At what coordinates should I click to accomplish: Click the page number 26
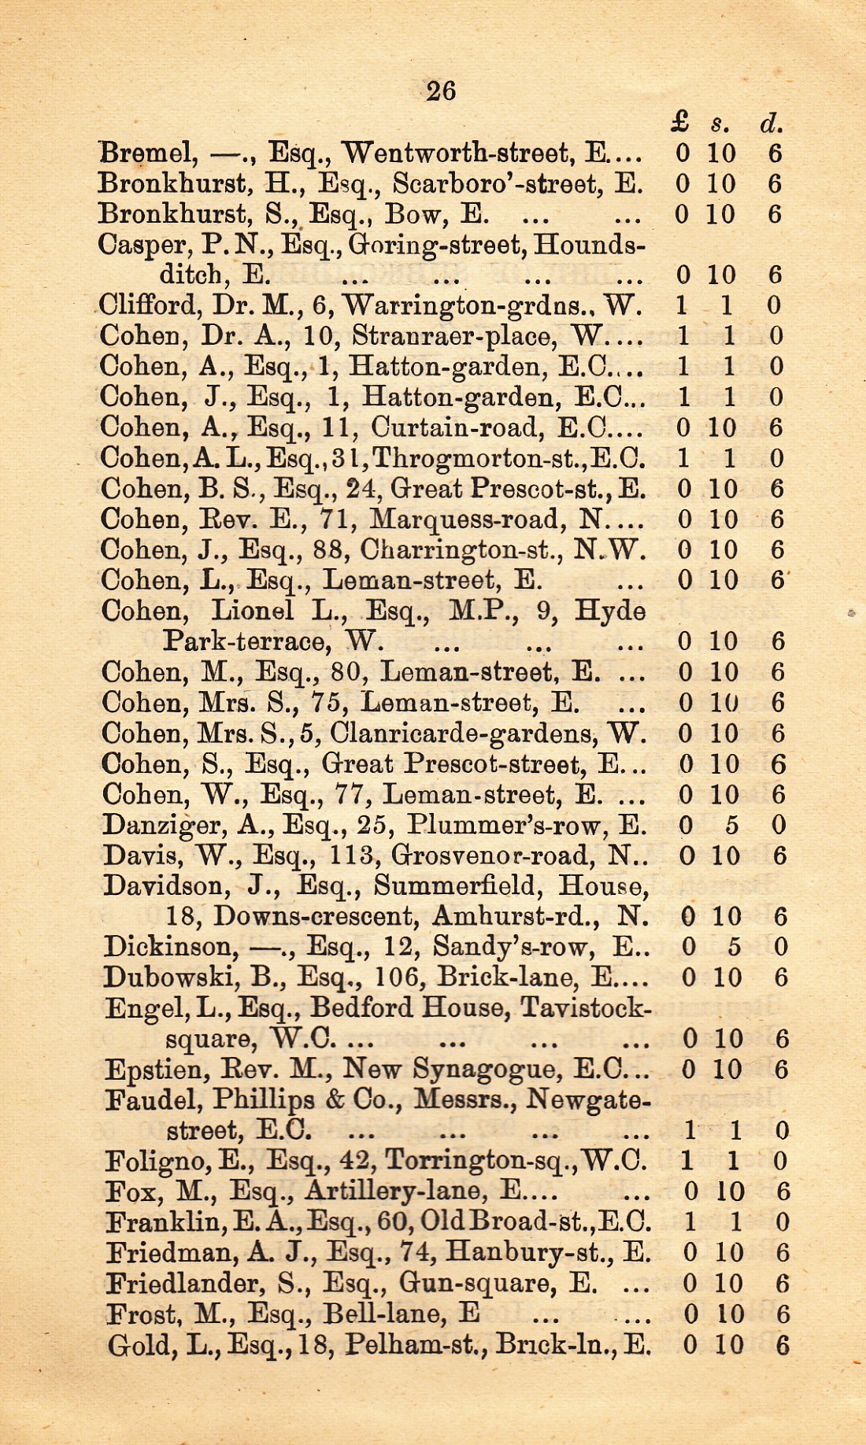point(441,91)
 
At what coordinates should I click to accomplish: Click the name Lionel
point(252,611)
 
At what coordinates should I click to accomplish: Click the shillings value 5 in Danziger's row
point(731,826)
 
